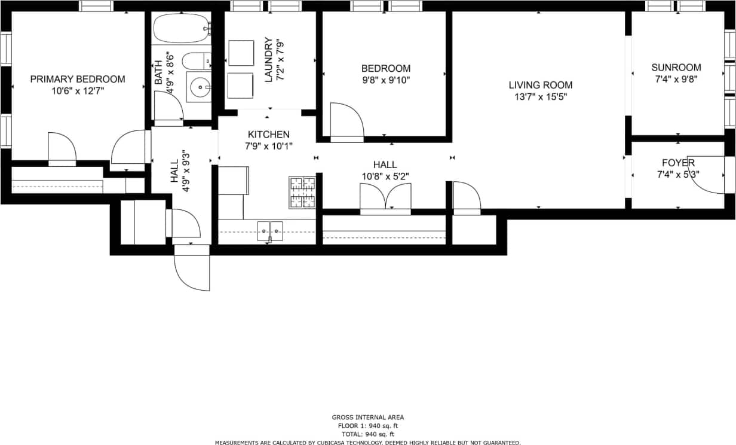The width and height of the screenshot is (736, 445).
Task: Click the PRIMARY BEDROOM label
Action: point(78,79)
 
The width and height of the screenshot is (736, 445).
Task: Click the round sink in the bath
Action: point(198,89)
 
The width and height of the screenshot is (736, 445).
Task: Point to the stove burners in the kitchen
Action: point(302,193)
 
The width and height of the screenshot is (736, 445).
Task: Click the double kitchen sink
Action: point(270,230)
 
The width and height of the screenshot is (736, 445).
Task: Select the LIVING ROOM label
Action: point(540,86)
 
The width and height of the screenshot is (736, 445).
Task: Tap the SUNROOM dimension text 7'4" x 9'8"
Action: point(676,78)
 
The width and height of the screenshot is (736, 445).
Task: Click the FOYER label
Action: point(677,163)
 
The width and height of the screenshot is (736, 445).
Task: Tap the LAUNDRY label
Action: point(268,60)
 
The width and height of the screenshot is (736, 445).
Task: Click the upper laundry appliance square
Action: point(241,53)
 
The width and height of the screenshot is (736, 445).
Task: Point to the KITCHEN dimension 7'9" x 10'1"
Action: point(268,146)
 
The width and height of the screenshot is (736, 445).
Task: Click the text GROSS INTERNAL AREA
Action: point(367,417)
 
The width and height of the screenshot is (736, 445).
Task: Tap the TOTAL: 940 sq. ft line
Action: point(367,434)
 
